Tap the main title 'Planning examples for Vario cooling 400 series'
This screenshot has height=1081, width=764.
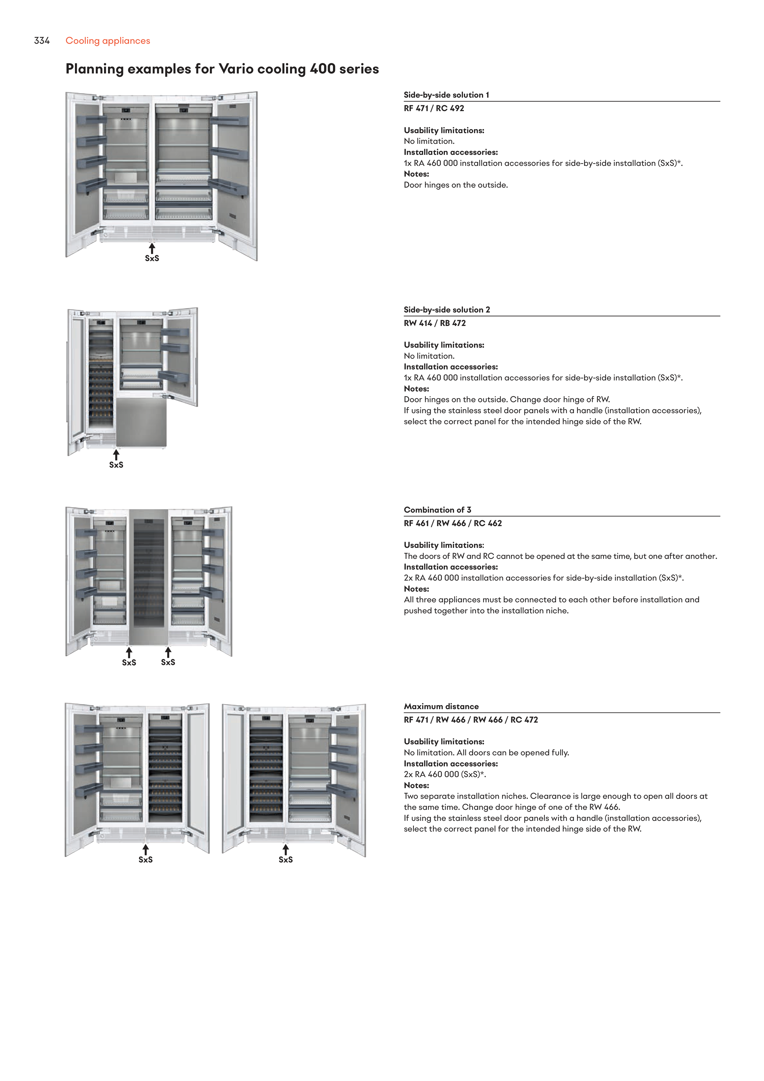(x=222, y=69)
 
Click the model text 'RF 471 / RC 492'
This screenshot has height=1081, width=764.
(x=434, y=108)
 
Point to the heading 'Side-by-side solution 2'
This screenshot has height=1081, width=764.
(x=446, y=309)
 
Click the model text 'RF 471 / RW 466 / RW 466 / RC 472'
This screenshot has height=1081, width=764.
(x=470, y=720)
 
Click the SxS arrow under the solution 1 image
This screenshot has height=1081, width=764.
(x=151, y=248)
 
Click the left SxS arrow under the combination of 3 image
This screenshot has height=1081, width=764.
(x=129, y=652)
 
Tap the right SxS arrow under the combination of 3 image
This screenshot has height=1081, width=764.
(x=168, y=652)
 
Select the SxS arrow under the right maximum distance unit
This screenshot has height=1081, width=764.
(x=285, y=849)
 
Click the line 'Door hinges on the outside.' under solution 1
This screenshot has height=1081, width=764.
(x=455, y=185)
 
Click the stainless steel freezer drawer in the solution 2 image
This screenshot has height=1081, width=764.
(x=141, y=422)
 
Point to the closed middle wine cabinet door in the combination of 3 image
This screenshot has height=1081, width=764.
(x=149, y=577)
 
